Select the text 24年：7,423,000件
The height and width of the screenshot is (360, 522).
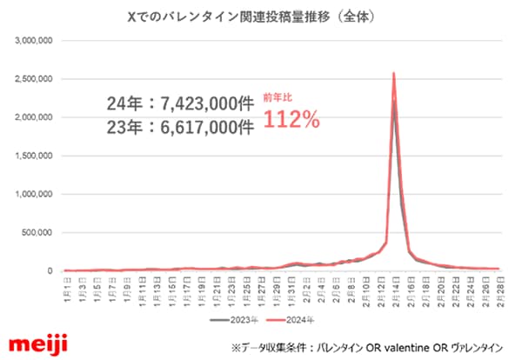[175, 103]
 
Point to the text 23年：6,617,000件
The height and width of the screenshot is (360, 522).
[175, 128]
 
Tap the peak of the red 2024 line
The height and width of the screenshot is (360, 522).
[394, 73]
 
